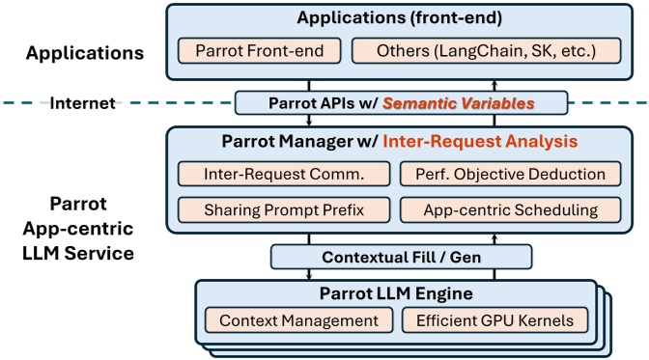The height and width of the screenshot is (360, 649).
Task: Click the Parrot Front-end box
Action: pos(258,51)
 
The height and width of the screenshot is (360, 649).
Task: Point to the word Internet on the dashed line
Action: pos(82,101)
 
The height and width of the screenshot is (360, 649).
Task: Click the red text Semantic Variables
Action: pos(457,101)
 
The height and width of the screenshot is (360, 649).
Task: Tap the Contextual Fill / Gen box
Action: pos(401,257)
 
